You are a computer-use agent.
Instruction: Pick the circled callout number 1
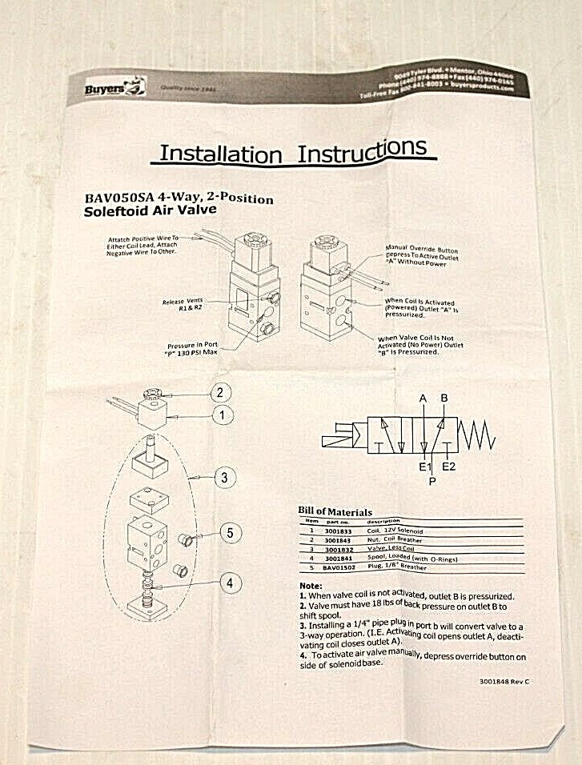pyautogui.click(x=221, y=415)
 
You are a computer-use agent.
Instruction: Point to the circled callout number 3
pyautogui.click(x=225, y=478)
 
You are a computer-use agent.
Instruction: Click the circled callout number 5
pyautogui.click(x=230, y=531)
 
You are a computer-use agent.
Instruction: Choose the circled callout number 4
pyautogui.click(x=229, y=583)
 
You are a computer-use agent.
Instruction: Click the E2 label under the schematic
pyautogui.click(x=449, y=467)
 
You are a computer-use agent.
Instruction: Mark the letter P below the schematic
pyautogui.click(x=433, y=481)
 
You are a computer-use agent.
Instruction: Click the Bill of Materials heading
pyautogui.click(x=335, y=511)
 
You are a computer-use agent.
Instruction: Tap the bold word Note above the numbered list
pyautogui.click(x=311, y=586)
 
